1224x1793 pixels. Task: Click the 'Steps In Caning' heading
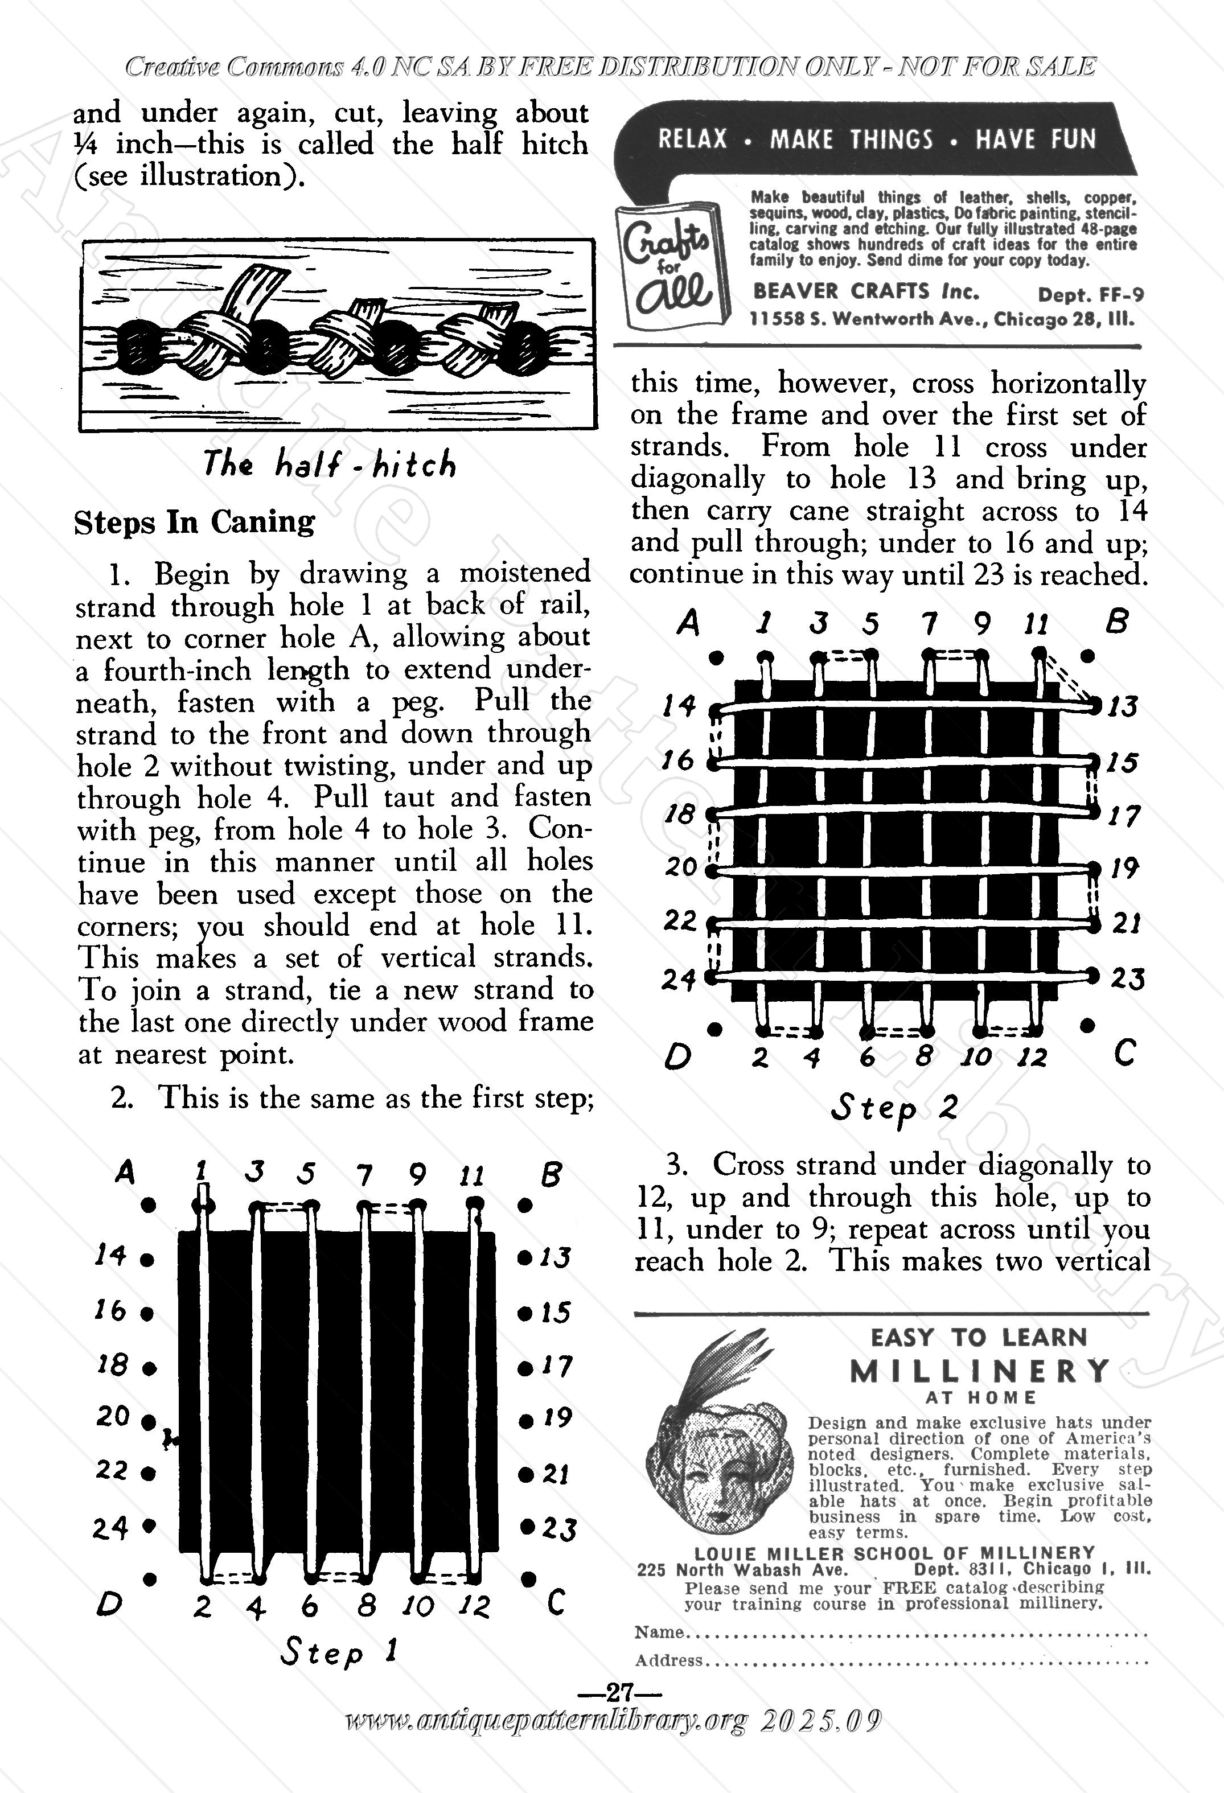(x=195, y=523)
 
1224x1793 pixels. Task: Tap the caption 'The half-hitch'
(x=330, y=464)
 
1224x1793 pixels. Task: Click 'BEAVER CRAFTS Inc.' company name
(x=866, y=291)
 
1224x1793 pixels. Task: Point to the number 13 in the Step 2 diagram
(x=1123, y=706)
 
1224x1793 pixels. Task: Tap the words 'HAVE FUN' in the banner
(x=1035, y=139)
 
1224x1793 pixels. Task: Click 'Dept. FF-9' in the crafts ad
(x=1090, y=295)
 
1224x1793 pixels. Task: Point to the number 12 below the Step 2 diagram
(x=1032, y=1057)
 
